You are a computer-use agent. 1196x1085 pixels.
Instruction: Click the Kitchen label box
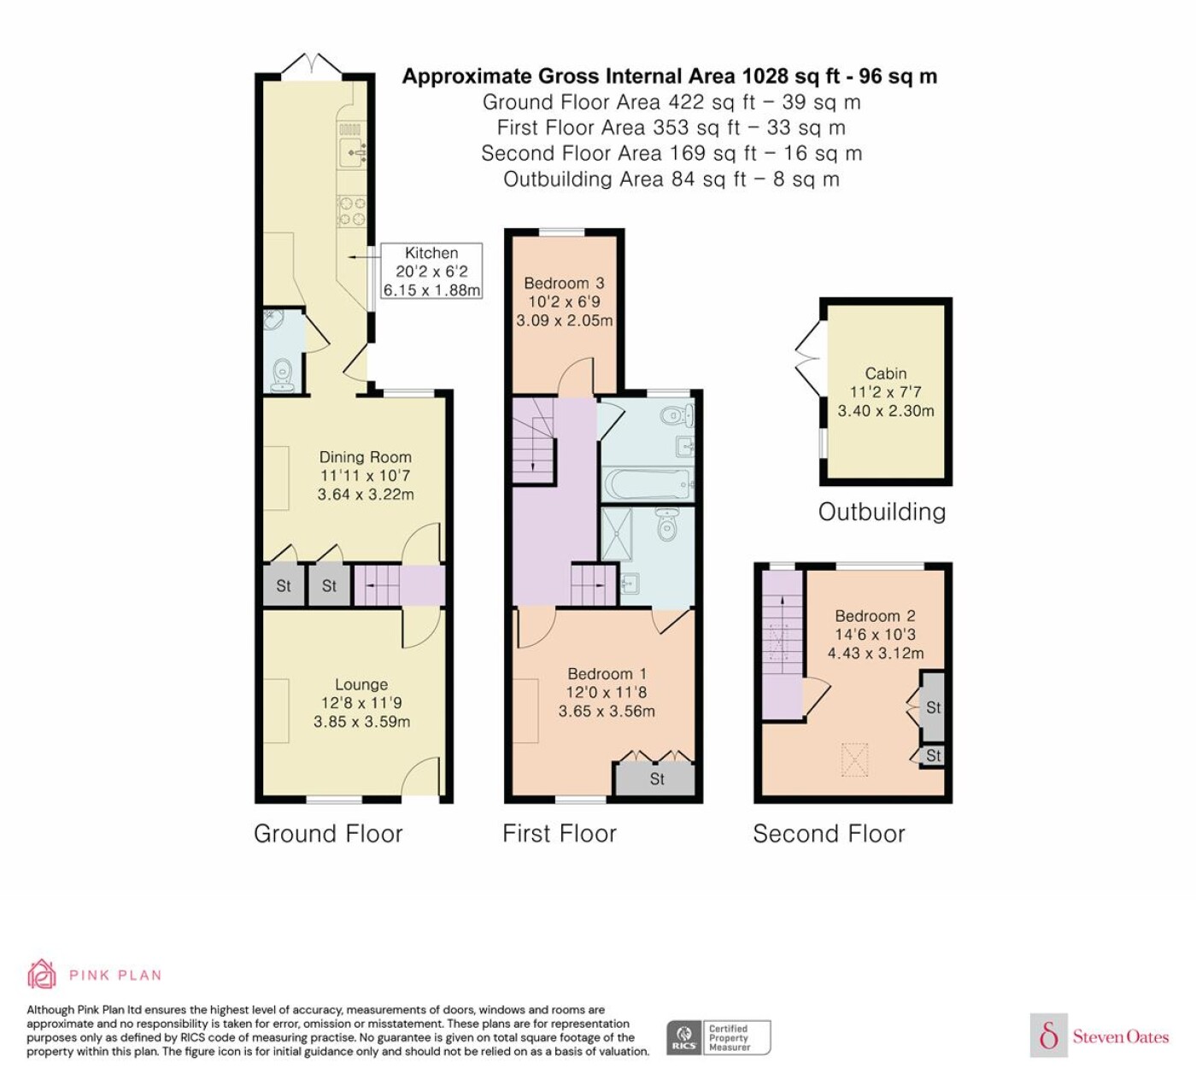431,271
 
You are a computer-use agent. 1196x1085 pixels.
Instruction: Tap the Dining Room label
366,475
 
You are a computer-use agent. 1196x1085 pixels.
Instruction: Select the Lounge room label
362,702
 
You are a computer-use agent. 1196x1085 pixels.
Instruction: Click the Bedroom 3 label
564,302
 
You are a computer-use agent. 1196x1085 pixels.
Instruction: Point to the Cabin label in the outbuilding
886,392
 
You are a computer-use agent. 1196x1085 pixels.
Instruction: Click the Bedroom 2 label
876,634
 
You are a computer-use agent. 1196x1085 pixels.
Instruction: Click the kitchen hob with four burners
352,211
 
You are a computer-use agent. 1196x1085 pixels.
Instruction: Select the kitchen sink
352,151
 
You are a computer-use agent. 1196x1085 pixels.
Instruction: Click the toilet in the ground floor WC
282,374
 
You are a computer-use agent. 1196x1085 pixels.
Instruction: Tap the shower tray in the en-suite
617,534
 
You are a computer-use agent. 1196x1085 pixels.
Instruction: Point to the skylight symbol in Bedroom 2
854,759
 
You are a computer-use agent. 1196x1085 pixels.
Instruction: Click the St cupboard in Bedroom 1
656,778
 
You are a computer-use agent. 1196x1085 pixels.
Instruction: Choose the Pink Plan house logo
42,975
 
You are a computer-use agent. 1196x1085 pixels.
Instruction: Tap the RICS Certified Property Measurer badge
718,1038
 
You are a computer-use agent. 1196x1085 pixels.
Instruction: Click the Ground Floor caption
329,834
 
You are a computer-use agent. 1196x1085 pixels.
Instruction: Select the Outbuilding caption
882,512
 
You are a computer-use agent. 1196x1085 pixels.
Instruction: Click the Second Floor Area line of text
672,153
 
